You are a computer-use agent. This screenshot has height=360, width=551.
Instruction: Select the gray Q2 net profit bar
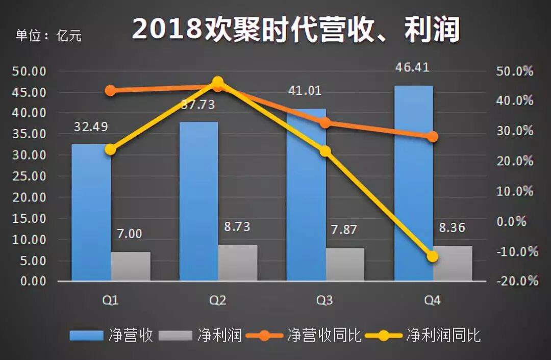coord(238,263)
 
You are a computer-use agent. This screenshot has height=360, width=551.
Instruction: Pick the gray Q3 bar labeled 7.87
coord(345,264)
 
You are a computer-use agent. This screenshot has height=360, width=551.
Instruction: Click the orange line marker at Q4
coord(433,137)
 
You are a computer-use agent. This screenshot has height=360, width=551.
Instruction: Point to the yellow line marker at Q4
coord(433,256)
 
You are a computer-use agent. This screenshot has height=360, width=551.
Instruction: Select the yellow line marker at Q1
coord(110,149)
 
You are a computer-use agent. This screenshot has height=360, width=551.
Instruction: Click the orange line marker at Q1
coord(110,91)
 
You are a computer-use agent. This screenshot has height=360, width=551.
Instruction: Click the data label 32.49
coord(91,126)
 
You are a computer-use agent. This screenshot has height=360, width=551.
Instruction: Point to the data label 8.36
coord(452,227)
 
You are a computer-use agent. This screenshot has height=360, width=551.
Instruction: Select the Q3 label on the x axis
coord(325,301)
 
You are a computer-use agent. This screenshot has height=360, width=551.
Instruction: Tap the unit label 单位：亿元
coord(48,35)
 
